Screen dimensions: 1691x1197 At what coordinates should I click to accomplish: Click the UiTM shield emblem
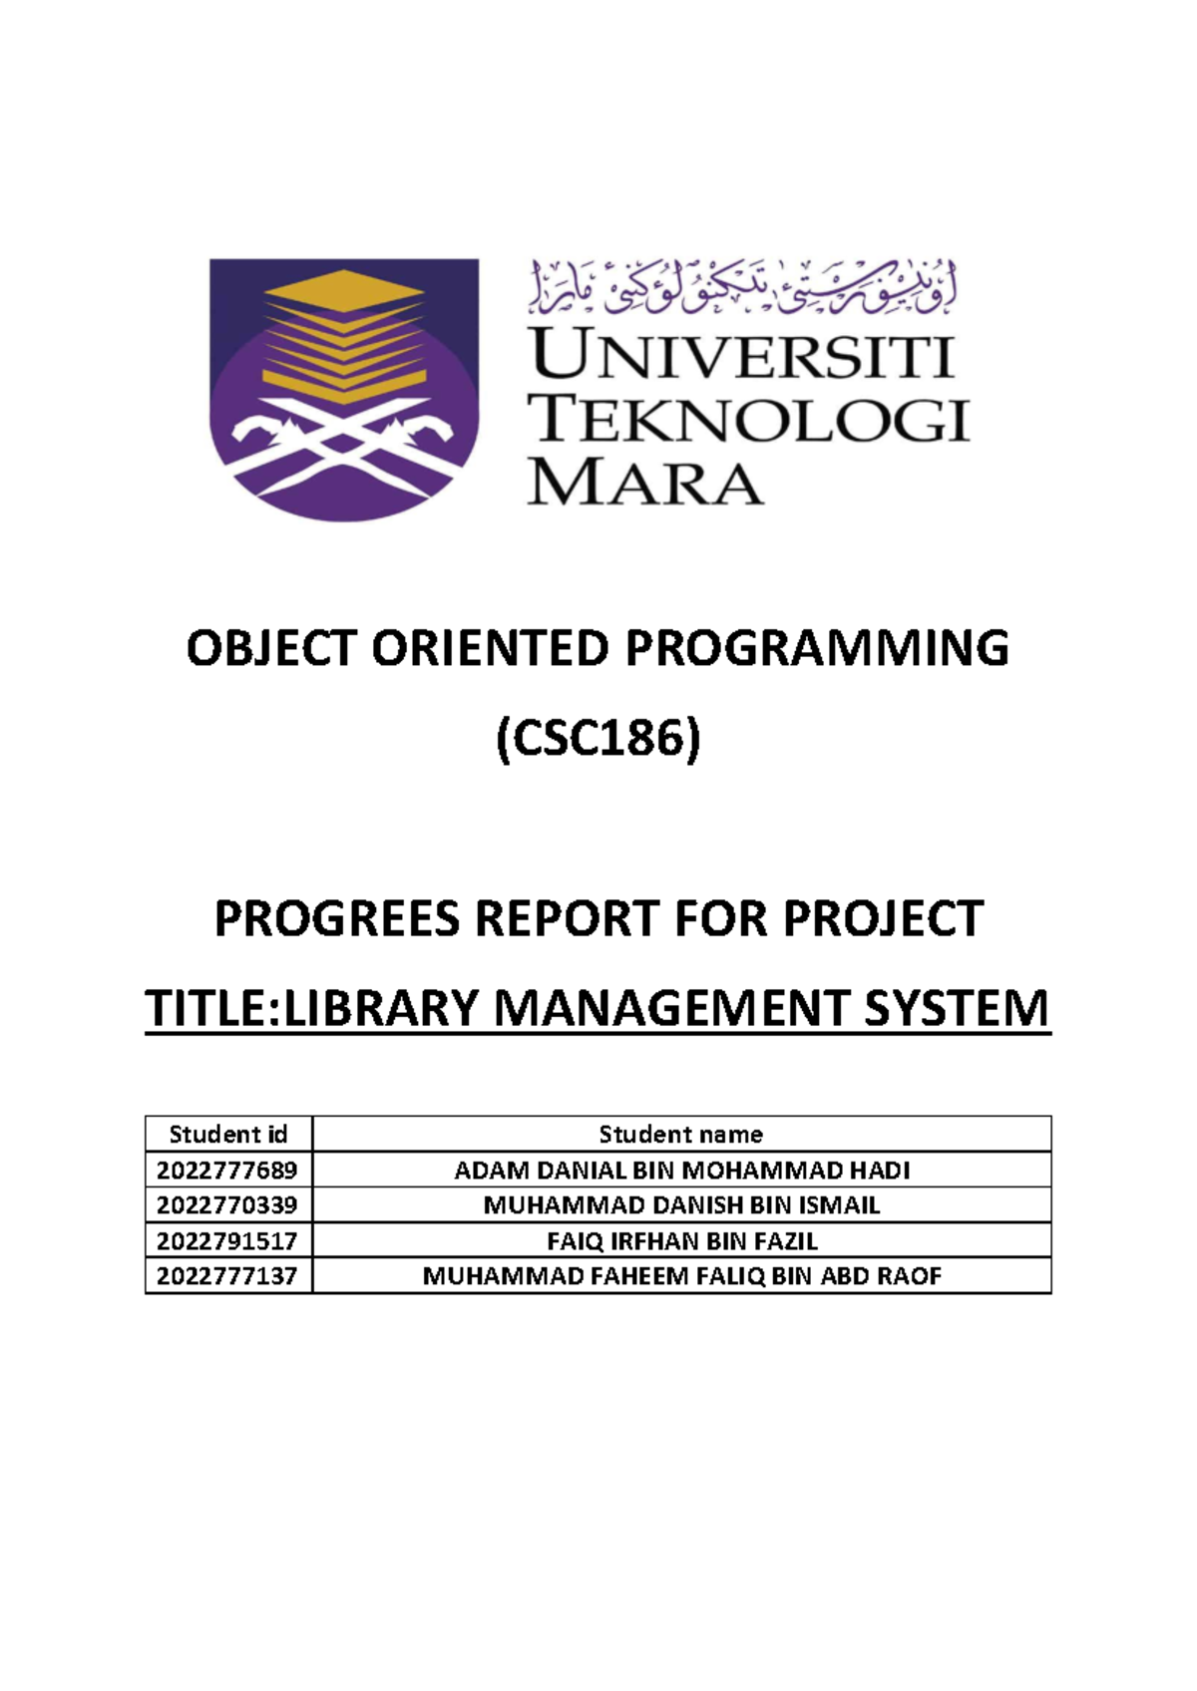pos(343,389)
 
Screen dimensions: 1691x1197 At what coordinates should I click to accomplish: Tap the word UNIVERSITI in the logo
pos(742,356)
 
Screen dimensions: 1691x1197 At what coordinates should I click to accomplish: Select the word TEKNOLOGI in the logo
pos(748,419)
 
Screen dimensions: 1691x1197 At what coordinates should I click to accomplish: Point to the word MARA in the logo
pos(645,483)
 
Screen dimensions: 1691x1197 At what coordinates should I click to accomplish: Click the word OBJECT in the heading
pos(271,649)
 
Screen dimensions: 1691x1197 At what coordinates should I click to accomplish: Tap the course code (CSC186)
pos(598,740)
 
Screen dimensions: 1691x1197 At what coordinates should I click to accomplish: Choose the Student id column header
pos(228,1134)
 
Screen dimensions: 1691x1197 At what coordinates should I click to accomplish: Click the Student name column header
pos(681,1134)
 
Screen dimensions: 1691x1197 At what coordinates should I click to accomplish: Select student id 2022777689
pos(227,1170)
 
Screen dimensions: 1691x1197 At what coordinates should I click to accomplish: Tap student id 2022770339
pos(227,1205)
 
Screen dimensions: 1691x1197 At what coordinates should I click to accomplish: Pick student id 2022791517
pos(227,1241)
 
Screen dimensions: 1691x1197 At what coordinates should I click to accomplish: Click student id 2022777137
pos(227,1276)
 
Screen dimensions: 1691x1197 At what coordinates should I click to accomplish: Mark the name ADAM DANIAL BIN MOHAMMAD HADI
pos(681,1170)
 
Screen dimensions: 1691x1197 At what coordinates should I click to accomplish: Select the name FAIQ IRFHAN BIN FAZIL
pos(681,1241)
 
